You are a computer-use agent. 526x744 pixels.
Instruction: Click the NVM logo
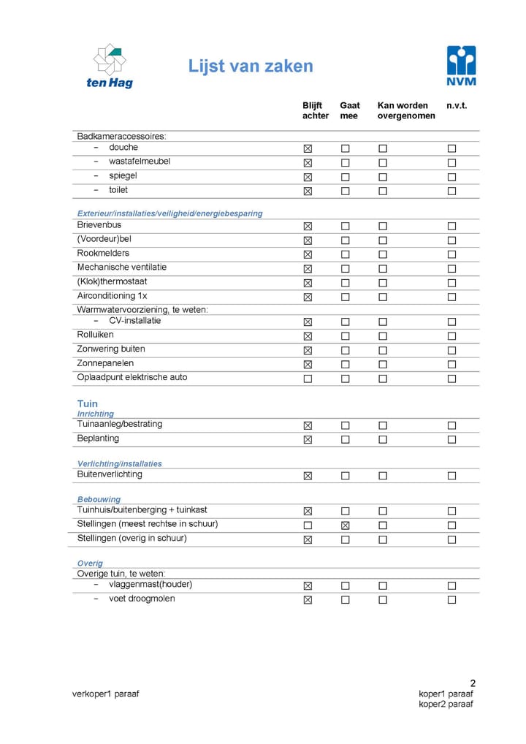coord(461,65)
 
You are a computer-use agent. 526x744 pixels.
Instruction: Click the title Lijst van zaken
coord(251,67)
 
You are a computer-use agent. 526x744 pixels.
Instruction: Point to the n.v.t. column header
coord(457,106)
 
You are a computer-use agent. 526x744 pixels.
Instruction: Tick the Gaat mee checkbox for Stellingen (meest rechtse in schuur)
coord(345,525)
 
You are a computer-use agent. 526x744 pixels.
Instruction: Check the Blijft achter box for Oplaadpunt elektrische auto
coord(308,379)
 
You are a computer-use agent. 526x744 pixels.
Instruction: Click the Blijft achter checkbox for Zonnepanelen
coord(308,365)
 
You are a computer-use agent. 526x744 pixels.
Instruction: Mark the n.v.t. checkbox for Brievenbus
coord(451,227)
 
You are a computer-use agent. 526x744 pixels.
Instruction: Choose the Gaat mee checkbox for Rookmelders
coord(345,254)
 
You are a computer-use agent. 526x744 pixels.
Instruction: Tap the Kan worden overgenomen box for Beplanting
coord(382,440)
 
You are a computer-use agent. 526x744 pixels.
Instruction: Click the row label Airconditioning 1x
coord(112,296)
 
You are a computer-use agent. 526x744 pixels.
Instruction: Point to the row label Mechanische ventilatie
coord(122,267)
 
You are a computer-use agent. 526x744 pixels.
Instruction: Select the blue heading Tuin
coord(87,403)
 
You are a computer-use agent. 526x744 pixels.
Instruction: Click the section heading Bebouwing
coord(99,500)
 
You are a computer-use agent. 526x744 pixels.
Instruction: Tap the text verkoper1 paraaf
coord(105,694)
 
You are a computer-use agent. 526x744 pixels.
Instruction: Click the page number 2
coord(473,683)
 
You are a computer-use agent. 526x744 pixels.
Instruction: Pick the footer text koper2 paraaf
coord(446,704)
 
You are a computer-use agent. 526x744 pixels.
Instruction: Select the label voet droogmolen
coord(142,599)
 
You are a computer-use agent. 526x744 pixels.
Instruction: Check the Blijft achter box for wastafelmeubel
coord(308,162)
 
